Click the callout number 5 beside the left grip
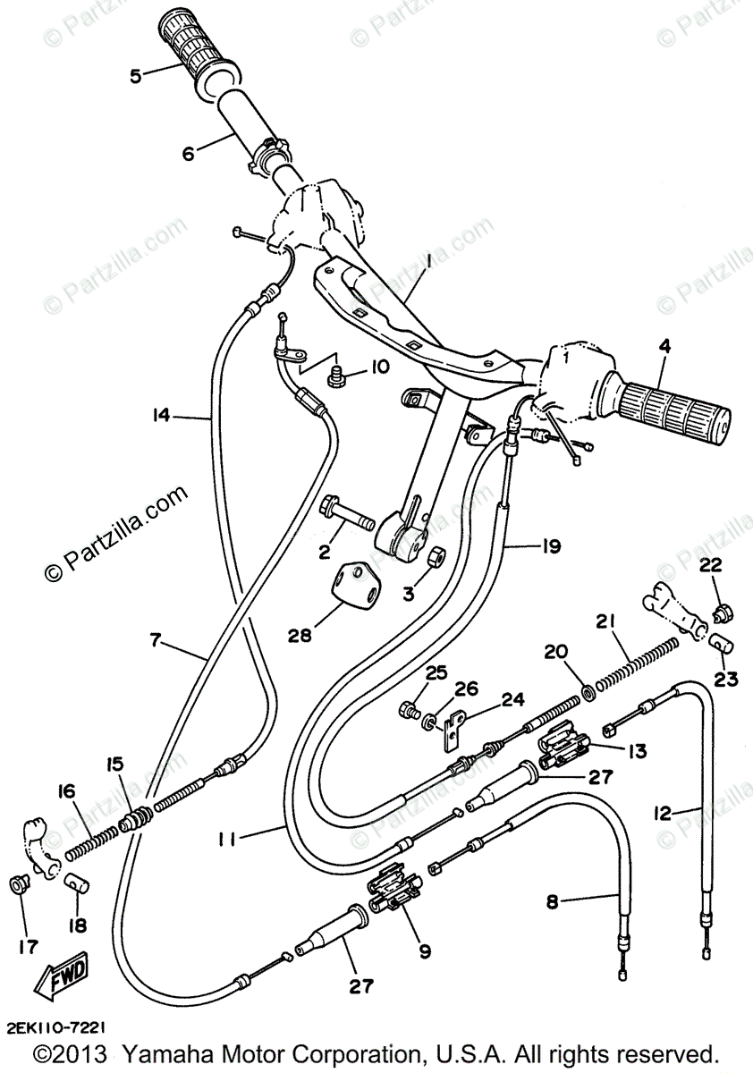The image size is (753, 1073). (136, 76)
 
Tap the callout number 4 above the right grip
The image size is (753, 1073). (666, 348)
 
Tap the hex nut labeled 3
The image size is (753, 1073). (435, 556)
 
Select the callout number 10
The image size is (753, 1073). (378, 368)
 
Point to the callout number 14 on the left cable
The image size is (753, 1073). (162, 416)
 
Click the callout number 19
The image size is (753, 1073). (552, 546)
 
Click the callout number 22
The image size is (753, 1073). (710, 565)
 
